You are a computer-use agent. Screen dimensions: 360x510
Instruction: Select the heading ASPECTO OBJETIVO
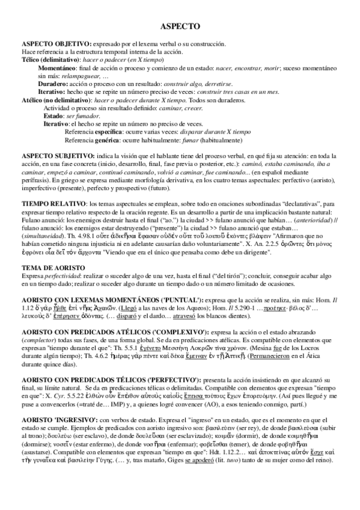(x=56, y=45)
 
